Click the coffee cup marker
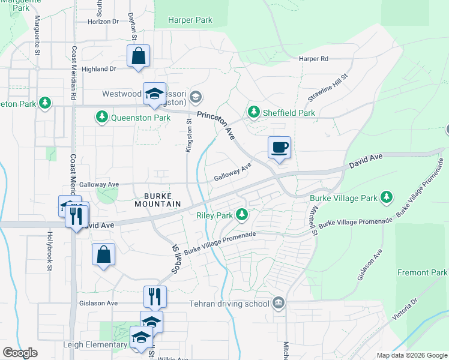click(x=279, y=146)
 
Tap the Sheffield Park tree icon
click(x=254, y=112)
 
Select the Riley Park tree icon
click(x=242, y=214)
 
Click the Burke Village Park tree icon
click(x=387, y=197)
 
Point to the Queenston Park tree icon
click(x=102, y=118)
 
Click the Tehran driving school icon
click(x=278, y=302)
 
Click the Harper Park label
click(x=190, y=20)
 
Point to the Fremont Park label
click(x=422, y=272)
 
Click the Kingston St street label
click(x=188, y=135)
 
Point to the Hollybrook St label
click(x=49, y=252)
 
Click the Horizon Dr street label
click(x=103, y=22)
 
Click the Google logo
click(x=20, y=353)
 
